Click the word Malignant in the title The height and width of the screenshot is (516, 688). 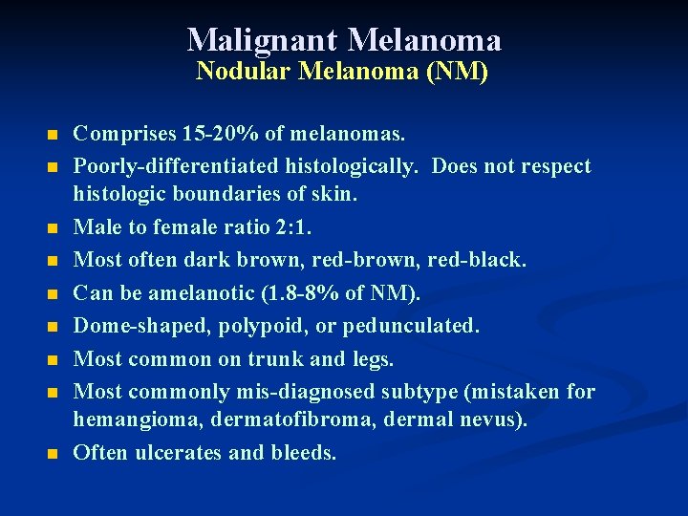tap(262, 40)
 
